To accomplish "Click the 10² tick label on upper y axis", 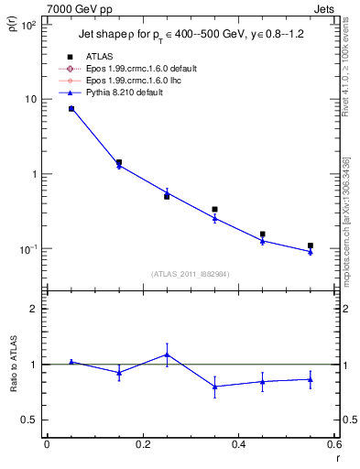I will (x=28, y=25).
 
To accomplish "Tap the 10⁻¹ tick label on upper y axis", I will (x=28, y=249).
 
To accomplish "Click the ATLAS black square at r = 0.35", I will (x=214, y=210).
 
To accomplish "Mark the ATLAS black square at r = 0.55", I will (x=311, y=245).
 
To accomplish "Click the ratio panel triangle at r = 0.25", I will (x=167, y=354).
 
